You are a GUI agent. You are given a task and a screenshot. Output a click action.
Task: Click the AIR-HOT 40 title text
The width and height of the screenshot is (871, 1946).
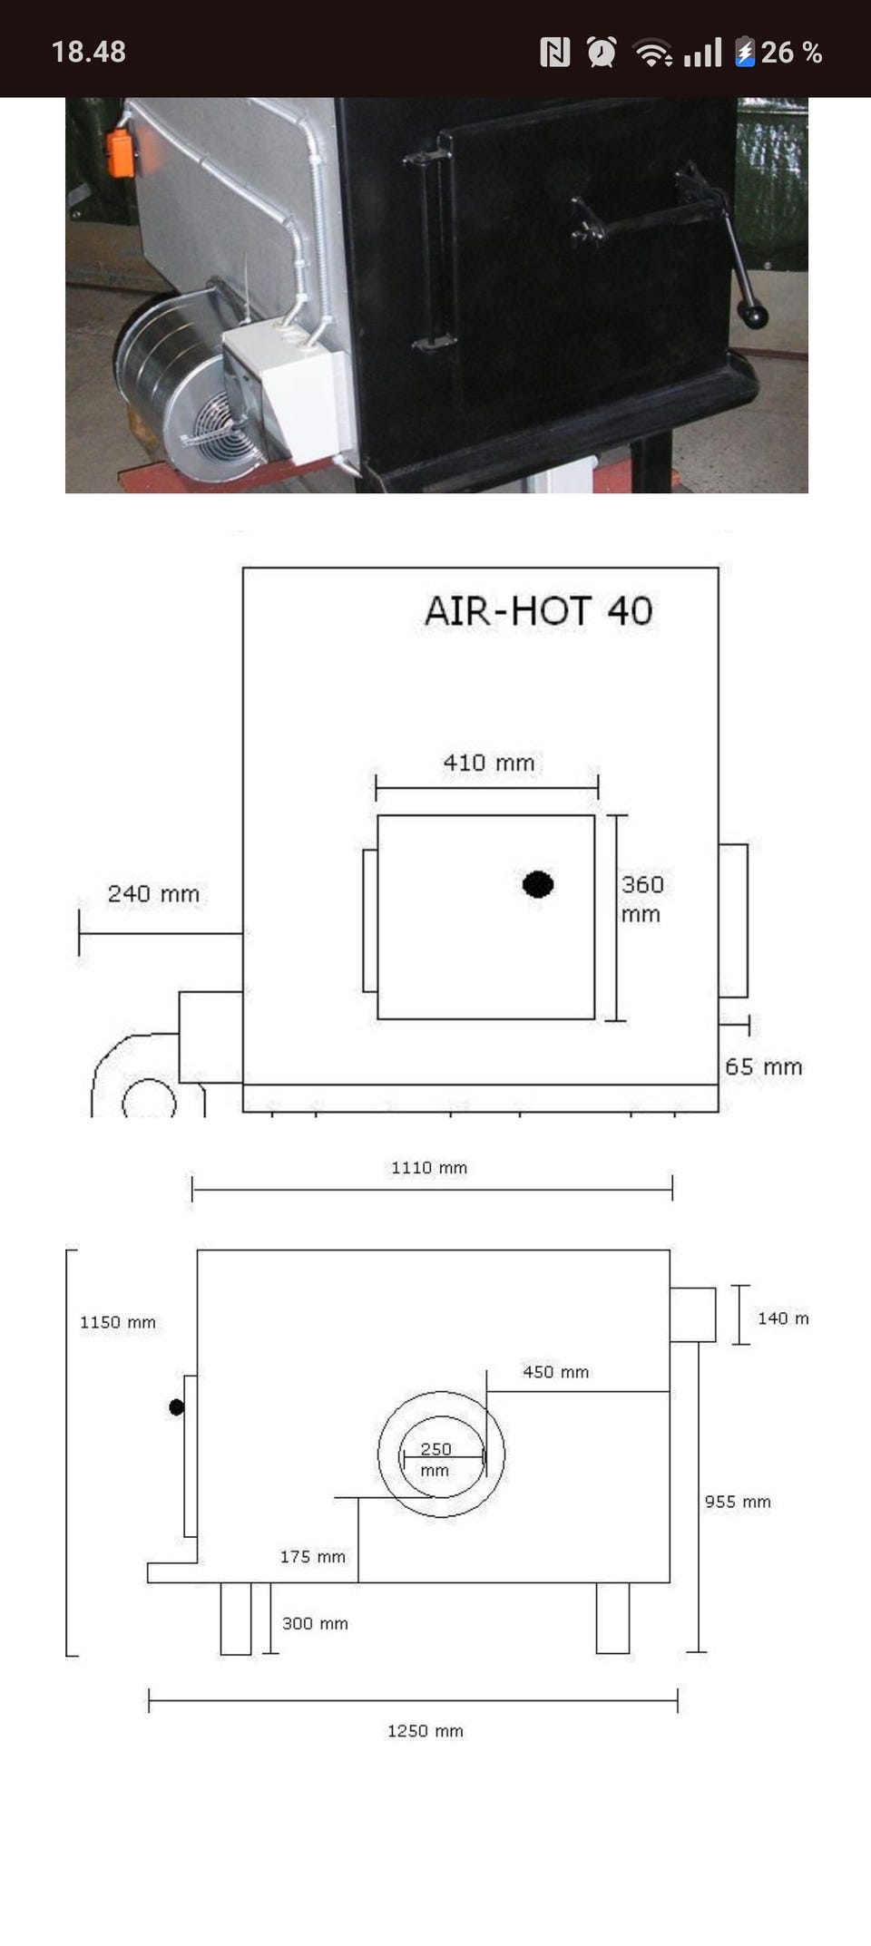click(x=539, y=611)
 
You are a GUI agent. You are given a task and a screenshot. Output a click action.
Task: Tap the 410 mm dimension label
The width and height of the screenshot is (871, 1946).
click(x=489, y=763)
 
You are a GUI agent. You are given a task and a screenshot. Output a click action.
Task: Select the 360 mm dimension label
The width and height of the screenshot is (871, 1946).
click(x=642, y=899)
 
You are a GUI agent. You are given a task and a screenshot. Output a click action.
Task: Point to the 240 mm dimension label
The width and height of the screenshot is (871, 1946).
click(x=153, y=894)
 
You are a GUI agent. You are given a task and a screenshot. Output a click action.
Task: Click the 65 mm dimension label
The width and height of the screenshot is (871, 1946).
click(x=764, y=1067)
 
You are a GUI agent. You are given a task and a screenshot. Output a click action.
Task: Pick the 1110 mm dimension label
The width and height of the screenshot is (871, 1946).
click(x=429, y=1168)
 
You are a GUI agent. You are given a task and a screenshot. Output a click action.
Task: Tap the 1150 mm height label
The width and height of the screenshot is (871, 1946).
click(x=118, y=1322)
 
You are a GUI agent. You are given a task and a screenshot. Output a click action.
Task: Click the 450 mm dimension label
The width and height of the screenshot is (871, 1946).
click(x=556, y=1372)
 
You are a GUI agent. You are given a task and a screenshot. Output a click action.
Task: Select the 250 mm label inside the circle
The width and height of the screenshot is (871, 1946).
click(x=435, y=1459)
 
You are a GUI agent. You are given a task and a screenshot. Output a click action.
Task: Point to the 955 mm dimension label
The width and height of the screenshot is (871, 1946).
click(x=738, y=1502)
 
